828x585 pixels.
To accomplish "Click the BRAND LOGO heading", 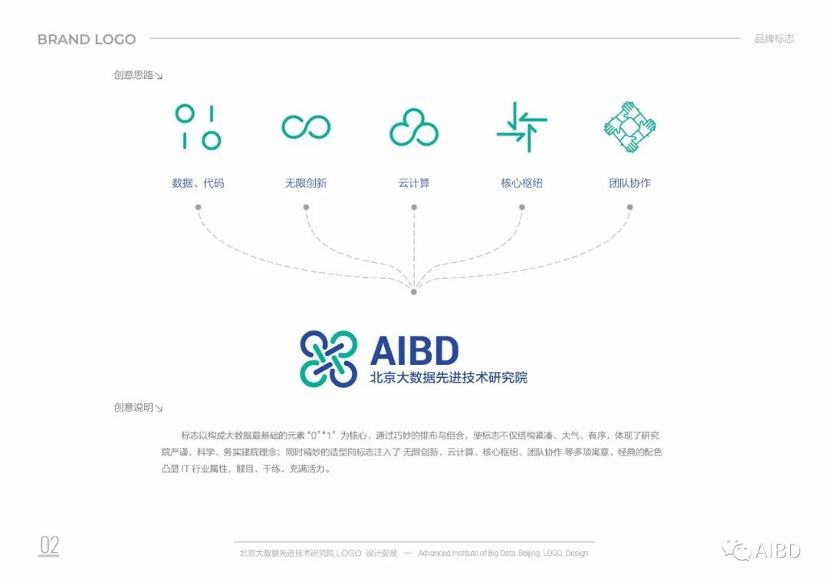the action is pyautogui.click(x=87, y=39).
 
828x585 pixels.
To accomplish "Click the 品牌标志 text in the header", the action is pyautogui.click(x=774, y=38).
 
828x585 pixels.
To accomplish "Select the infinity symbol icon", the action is pyautogui.click(x=306, y=127).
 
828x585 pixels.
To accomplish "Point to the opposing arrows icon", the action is pyautogui.click(x=522, y=127).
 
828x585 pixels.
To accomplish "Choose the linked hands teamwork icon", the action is pyautogui.click(x=630, y=127).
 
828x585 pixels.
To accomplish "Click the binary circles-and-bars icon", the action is pyautogui.click(x=198, y=127).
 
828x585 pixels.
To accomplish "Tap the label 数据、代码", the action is pyautogui.click(x=198, y=183).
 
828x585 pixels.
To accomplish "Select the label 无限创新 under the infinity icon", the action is pyautogui.click(x=306, y=183).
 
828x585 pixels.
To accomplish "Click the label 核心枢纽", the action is pyautogui.click(x=522, y=183).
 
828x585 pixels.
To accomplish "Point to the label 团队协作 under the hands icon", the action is pyautogui.click(x=630, y=183).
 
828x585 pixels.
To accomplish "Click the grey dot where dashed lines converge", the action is pyautogui.click(x=414, y=291).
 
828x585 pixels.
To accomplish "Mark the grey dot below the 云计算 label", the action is pyautogui.click(x=414, y=208).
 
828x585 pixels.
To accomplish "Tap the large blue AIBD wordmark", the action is pyautogui.click(x=415, y=350).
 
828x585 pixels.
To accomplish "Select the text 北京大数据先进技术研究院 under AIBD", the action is pyautogui.click(x=449, y=377).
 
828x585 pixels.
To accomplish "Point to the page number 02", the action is pyautogui.click(x=49, y=545).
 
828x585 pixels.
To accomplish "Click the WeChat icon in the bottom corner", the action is pyautogui.click(x=736, y=550).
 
